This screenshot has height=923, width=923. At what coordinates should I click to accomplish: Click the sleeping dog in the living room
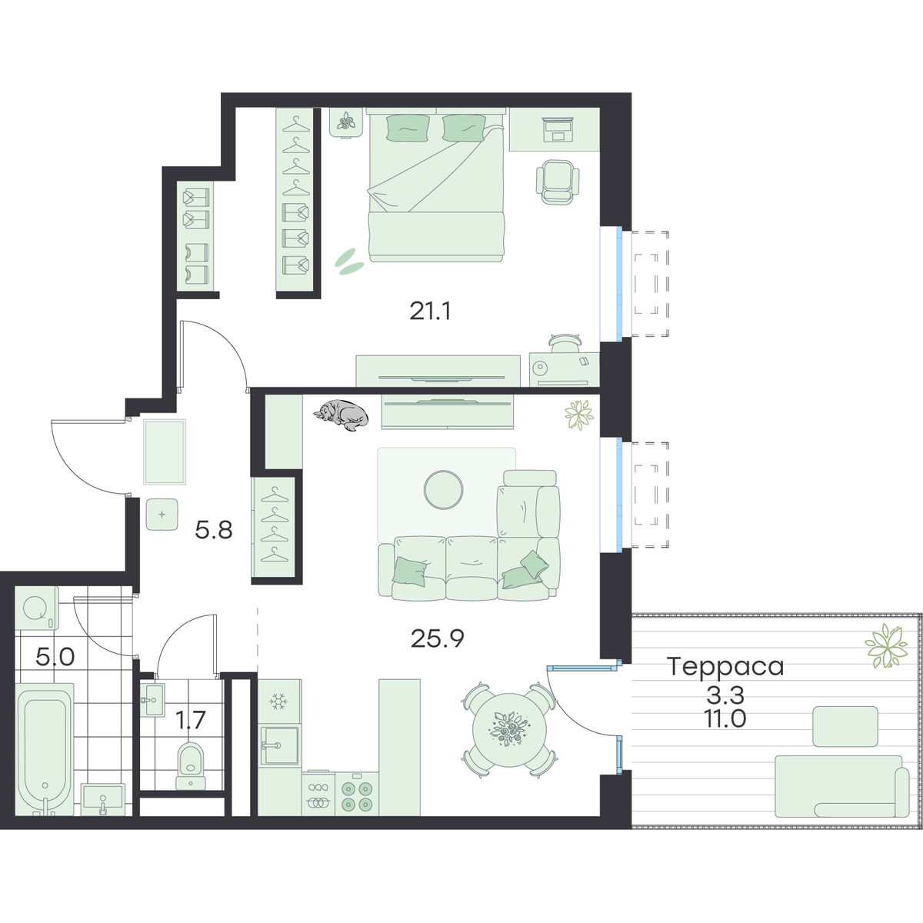tap(341, 415)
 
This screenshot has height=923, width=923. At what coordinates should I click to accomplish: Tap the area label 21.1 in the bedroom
tap(430, 312)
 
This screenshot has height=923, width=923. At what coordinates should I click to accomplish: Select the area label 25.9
tap(438, 639)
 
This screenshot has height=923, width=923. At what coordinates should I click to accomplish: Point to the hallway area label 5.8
tap(214, 530)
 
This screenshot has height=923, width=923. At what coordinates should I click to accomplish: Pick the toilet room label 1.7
tap(190, 720)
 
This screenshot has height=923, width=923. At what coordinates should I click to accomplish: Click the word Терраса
tap(725, 667)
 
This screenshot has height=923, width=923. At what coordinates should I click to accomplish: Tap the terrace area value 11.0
tap(725, 718)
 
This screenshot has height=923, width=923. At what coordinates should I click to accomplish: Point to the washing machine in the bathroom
tap(37, 608)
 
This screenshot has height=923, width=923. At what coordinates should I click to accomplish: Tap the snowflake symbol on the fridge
tap(278, 701)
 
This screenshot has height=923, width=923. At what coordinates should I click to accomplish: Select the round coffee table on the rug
tap(444, 489)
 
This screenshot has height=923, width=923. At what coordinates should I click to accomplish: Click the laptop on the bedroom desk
tap(558, 129)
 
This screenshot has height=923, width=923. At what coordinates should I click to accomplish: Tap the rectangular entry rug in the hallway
tap(165, 452)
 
